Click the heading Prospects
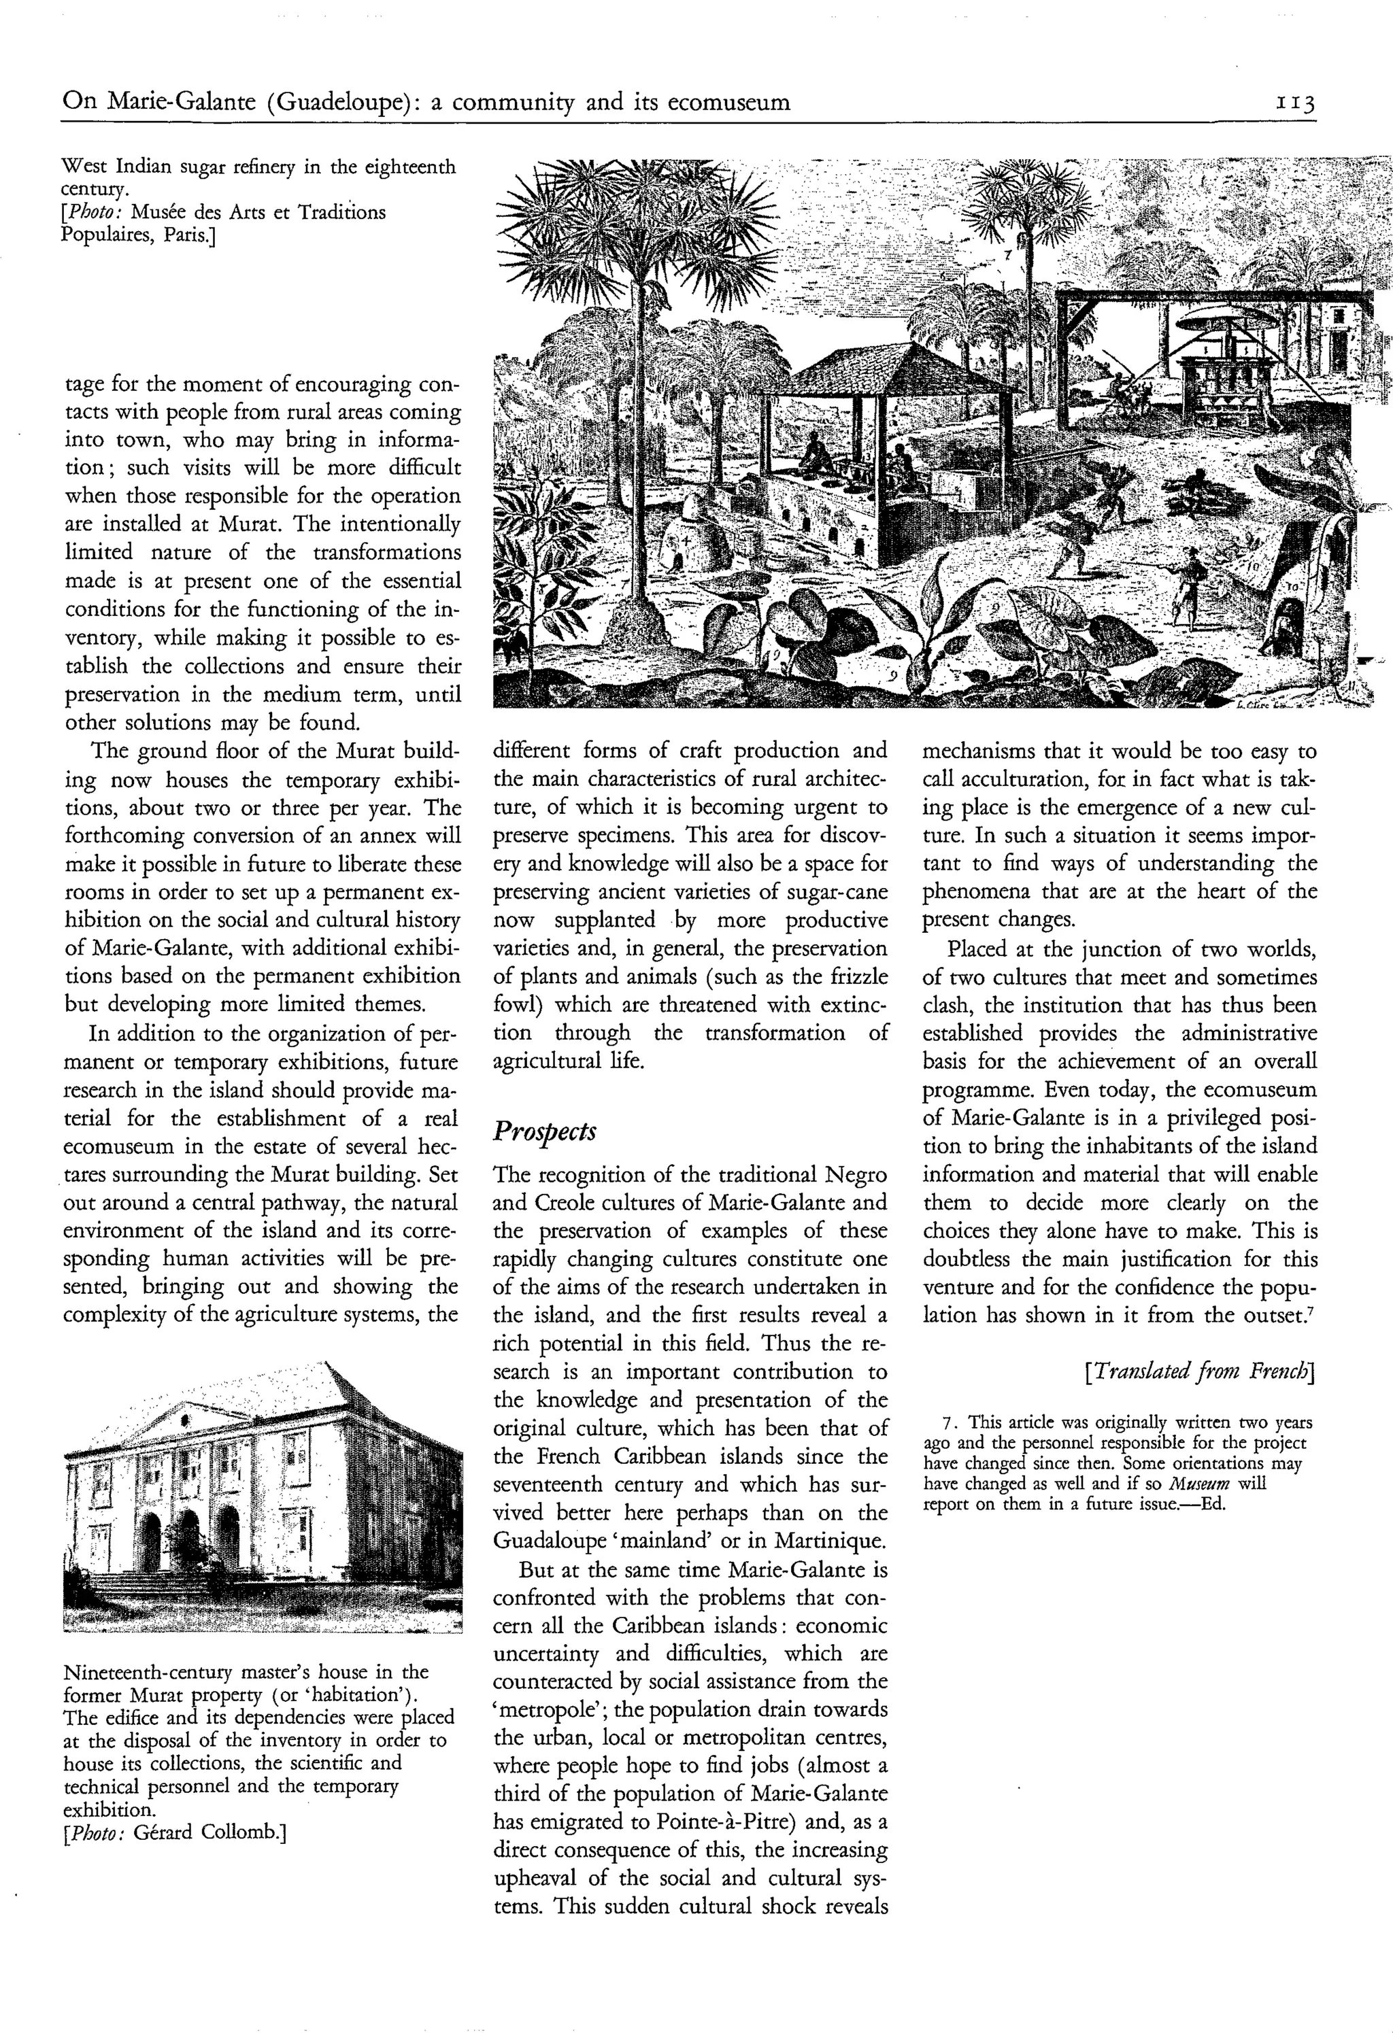point(544,1131)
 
